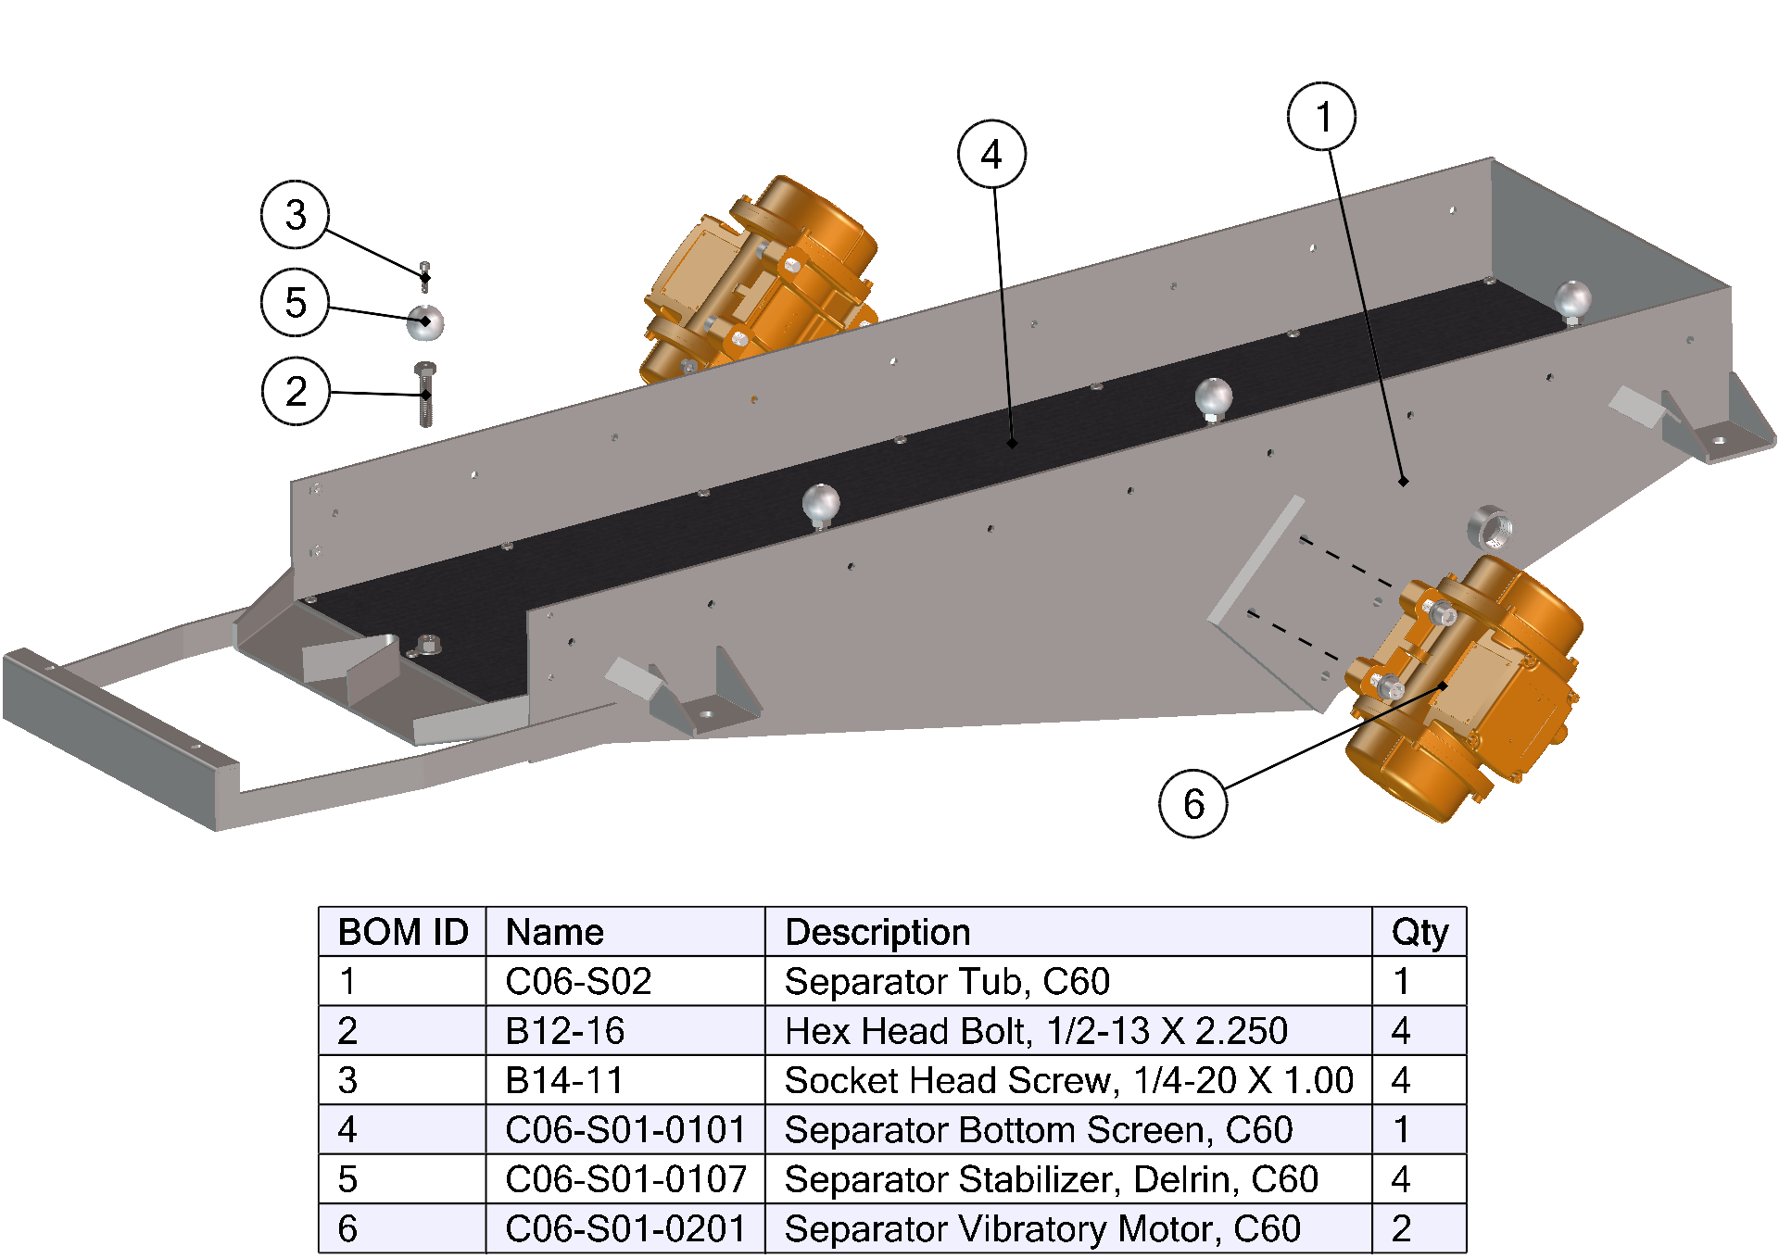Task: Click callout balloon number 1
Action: pyautogui.click(x=1322, y=117)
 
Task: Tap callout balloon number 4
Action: pyautogui.click(x=991, y=154)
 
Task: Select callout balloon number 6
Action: pyautogui.click(x=1193, y=803)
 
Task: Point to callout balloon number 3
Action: pyautogui.click(x=296, y=215)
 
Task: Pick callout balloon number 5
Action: pyautogui.click(x=296, y=302)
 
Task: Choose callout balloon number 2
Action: pyautogui.click(x=296, y=391)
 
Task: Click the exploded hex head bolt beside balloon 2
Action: pyautogui.click(x=425, y=395)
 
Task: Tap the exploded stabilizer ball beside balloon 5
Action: pyautogui.click(x=425, y=321)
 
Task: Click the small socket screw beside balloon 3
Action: pyautogui.click(x=425, y=276)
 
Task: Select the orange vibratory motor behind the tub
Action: pyautogui.click(x=760, y=278)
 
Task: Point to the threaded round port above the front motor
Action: pyautogui.click(x=1490, y=527)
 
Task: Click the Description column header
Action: pyautogui.click(x=877, y=932)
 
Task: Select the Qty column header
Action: pyautogui.click(x=1419, y=932)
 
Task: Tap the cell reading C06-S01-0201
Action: pyautogui.click(x=625, y=1228)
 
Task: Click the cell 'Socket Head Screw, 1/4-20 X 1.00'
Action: pyautogui.click(x=1068, y=1080)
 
